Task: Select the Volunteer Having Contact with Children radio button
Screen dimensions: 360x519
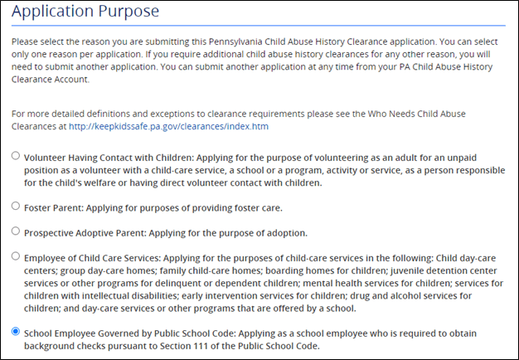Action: click(15, 156)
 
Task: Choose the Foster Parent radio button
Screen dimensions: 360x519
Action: click(15, 206)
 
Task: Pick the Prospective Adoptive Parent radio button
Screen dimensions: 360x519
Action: click(15, 231)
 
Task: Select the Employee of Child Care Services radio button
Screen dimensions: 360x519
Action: click(15, 256)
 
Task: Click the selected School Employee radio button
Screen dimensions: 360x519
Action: click(15, 332)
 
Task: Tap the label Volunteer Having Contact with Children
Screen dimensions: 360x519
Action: click(111, 157)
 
